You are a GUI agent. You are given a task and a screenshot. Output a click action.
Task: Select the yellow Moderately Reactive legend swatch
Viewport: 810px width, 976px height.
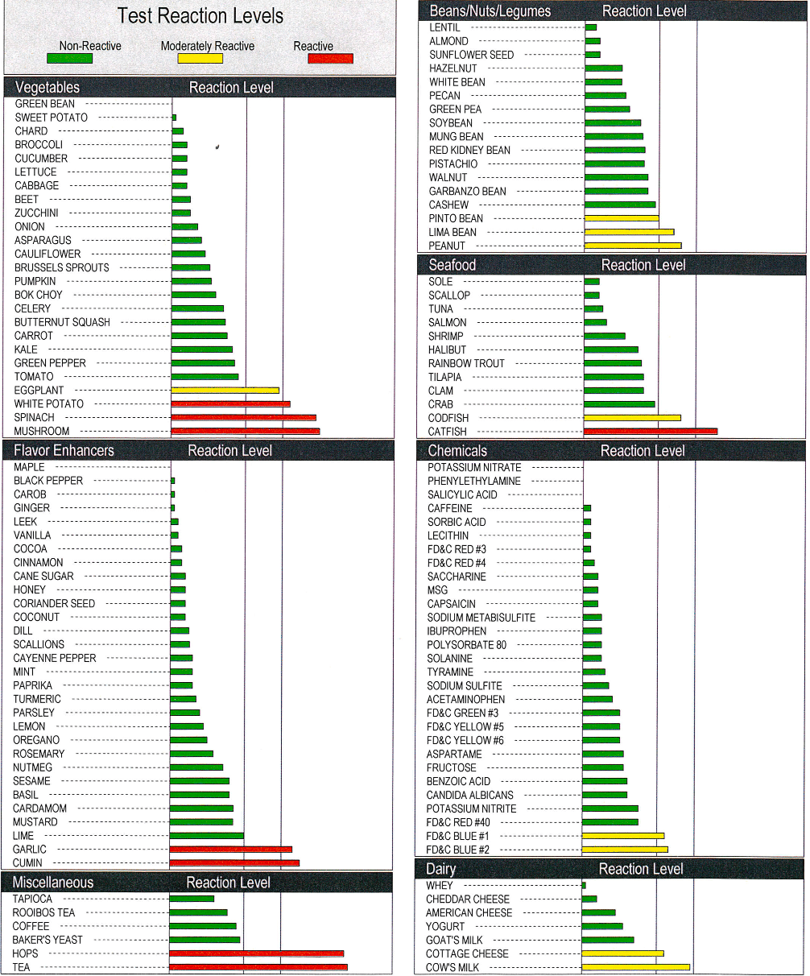pyautogui.click(x=200, y=58)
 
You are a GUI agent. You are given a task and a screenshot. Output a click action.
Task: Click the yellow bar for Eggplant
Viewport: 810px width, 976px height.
pyautogui.click(x=225, y=391)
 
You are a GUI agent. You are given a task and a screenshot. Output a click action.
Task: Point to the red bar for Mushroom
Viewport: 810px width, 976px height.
pyautogui.click(x=246, y=432)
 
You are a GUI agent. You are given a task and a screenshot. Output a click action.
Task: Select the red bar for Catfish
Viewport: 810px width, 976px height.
pyautogui.click(x=650, y=432)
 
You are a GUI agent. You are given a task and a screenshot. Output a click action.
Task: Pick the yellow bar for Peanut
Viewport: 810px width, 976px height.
pyautogui.click(x=633, y=246)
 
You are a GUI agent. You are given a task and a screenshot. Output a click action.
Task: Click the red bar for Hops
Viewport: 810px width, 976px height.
pyautogui.click(x=256, y=953)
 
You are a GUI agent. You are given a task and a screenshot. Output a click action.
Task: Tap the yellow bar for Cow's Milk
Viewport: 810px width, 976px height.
pyautogui.click(x=635, y=967)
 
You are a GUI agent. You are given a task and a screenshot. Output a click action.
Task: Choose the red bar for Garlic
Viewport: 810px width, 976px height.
pyautogui.click(x=230, y=850)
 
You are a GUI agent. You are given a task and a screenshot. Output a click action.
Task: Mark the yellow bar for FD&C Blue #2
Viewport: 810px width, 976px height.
pyautogui.click(x=625, y=850)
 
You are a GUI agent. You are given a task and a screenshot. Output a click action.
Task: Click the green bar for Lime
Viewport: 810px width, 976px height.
pyautogui.click(x=207, y=836)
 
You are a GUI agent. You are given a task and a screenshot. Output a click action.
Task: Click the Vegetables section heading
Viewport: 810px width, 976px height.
pyautogui.click(x=48, y=88)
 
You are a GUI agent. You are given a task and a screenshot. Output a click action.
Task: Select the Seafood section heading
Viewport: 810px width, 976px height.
pyautogui.click(x=453, y=265)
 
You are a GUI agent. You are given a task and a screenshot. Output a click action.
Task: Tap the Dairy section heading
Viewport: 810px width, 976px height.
pyautogui.click(x=441, y=869)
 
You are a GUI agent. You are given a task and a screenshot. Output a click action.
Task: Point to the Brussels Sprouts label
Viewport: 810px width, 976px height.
pyautogui.click(x=62, y=267)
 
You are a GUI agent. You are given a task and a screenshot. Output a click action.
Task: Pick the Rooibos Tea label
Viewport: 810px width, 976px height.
pyautogui.click(x=43, y=912)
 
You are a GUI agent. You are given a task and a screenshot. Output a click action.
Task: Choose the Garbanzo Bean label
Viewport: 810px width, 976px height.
pyautogui.click(x=468, y=191)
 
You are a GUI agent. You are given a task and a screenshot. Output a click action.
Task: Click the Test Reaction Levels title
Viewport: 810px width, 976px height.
pyautogui.click(x=200, y=16)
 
